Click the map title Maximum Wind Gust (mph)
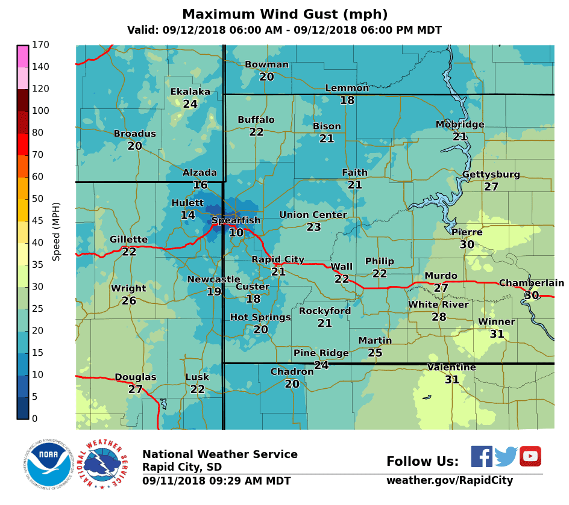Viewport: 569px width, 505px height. point(284,14)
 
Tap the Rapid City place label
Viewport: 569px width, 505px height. point(278,259)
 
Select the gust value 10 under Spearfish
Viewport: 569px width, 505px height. point(236,232)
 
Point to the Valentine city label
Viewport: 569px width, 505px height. point(451,367)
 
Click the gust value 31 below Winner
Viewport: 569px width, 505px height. point(497,333)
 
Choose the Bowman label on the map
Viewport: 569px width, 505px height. point(266,65)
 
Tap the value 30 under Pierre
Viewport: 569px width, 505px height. point(467,244)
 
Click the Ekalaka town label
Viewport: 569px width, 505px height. point(190,91)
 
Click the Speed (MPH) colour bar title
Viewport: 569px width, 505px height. point(57,231)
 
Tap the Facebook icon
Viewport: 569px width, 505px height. point(482,456)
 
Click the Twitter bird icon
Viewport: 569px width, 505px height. point(506,457)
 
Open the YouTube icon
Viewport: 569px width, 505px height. point(530,456)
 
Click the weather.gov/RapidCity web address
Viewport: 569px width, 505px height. point(450,480)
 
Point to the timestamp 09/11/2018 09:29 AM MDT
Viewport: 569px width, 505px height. point(216,481)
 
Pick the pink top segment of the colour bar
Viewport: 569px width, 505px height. point(23,56)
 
